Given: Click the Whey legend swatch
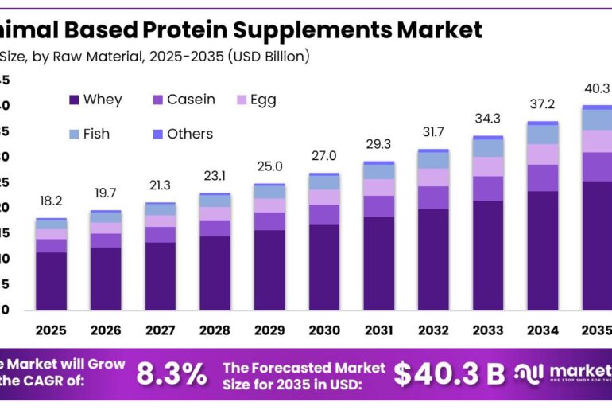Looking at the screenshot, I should pyautogui.click(x=74, y=100).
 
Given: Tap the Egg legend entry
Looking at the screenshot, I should pyautogui.click(x=263, y=100).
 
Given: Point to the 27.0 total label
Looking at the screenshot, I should pyautogui.click(x=324, y=156).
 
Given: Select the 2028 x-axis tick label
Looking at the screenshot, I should pyautogui.click(x=215, y=330).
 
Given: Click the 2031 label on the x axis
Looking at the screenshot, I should pyautogui.click(x=379, y=330).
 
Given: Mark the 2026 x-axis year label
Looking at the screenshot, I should pyautogui.click(x=105, y=330).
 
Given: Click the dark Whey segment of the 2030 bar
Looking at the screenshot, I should pyautogui.click(x=324, y=267).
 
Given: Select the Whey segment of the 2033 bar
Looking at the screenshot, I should pyautogui.click(x=489, y=255).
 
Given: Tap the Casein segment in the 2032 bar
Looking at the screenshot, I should pyautogui.click(x=434, y=197).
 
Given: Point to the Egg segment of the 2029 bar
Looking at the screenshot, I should pyautogui.click(x=269, y=205).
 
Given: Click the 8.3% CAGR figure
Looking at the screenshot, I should pyautogui.click(x=172, y=373).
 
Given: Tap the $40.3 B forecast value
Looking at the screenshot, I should pyautogui.click(x=449, y=373).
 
